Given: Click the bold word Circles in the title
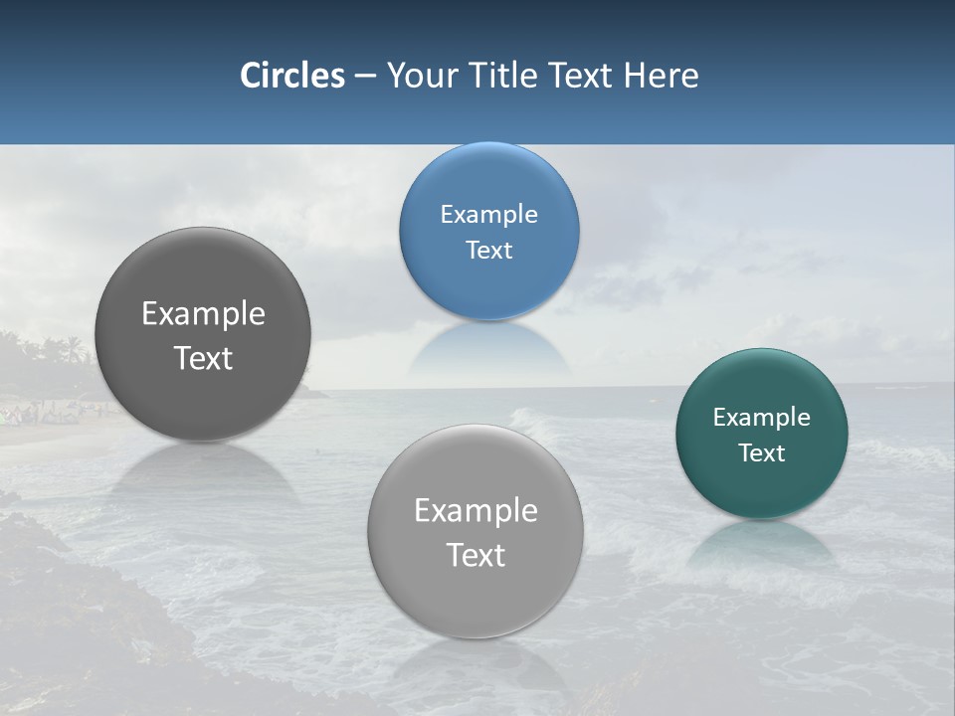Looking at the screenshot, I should point(291,76).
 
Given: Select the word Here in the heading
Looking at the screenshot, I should point(661,76).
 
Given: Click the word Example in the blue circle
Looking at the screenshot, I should point(488,214).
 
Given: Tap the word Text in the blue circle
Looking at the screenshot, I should point(488,250).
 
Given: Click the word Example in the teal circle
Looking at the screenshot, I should point(761,417).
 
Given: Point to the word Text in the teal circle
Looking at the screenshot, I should point(761,452).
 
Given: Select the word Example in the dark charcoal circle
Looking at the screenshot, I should point(203,313).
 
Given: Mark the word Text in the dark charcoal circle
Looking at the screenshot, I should point(203,358).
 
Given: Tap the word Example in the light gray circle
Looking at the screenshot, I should point(476,510).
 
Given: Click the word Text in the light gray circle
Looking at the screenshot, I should point(476,555).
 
